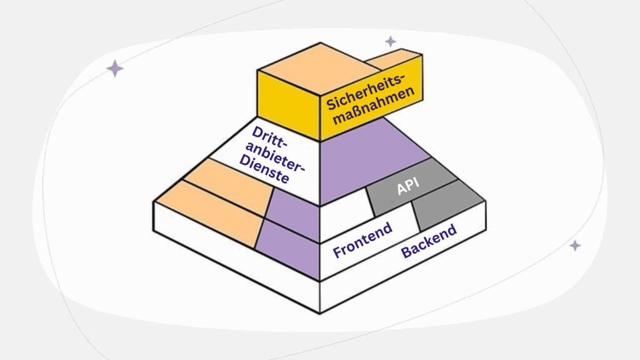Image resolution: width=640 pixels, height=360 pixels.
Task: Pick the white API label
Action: [407, 186]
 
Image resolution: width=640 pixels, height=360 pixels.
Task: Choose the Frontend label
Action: [362, 240]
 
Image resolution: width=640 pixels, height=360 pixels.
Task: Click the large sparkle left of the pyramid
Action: [114, 68]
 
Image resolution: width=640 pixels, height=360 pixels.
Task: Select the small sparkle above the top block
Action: [391, 41]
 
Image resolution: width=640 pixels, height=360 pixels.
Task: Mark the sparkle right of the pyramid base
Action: [575, 246]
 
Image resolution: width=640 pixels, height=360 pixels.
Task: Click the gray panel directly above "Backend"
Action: [447, 207]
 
